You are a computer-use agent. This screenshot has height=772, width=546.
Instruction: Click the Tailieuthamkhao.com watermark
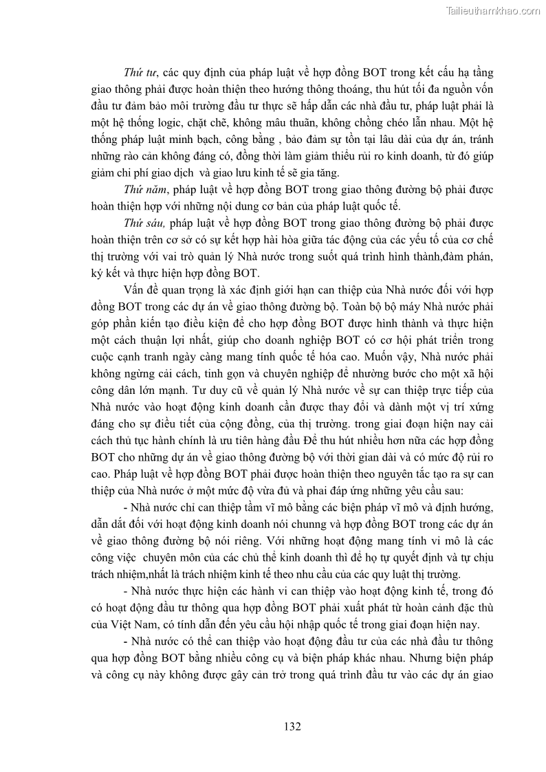493,10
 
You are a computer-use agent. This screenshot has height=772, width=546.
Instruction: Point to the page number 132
293,726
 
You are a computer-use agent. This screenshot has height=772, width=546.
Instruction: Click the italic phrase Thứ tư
138,72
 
